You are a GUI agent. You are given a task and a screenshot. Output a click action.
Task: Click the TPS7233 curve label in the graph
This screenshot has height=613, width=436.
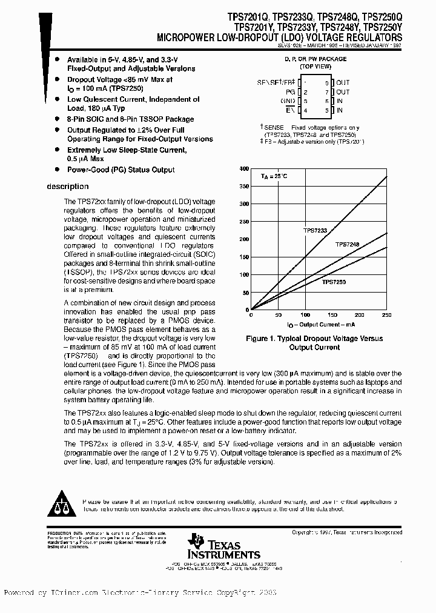pos(315,230)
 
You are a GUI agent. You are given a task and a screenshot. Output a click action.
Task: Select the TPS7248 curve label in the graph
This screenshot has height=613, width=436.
pos(347,244)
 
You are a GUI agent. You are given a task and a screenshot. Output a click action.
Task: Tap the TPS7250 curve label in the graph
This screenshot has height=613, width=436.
pos(333,282)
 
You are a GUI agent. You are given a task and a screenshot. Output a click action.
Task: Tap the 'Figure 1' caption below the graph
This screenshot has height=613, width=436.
pos(314,343)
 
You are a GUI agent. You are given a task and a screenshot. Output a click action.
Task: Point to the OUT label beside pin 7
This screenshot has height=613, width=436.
pos(343,91)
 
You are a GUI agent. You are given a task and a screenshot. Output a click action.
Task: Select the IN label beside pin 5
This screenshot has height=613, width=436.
pos(340,110)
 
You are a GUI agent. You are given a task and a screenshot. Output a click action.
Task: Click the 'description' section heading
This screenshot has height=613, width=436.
pos(68,187)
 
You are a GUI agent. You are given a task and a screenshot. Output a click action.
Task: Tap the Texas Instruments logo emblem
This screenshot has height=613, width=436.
pos(196,540)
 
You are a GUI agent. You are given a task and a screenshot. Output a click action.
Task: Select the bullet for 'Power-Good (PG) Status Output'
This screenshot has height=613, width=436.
pos(57,170)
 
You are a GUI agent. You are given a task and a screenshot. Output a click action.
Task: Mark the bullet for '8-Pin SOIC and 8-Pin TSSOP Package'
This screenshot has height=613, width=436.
pos(57,119)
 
